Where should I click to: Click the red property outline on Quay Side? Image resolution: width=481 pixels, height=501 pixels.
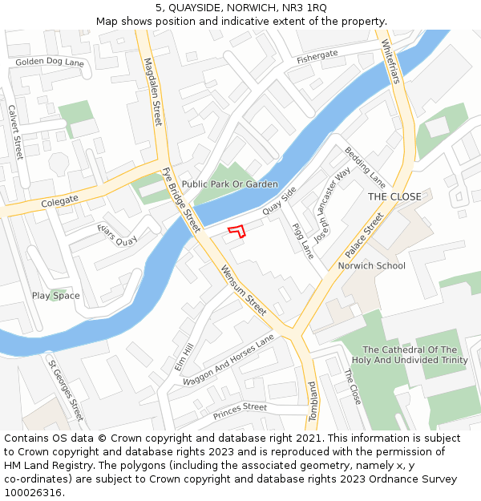point(236,232)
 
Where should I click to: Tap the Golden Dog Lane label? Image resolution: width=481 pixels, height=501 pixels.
point(50,62)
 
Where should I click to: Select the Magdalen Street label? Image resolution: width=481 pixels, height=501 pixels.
point(152,91)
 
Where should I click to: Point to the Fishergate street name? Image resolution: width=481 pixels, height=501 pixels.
point(317,56)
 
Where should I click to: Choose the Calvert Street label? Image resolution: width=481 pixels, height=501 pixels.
point(14,132)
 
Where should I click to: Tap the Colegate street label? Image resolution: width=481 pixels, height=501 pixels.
point(59,199)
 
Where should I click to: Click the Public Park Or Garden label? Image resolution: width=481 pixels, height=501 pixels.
point(229,184)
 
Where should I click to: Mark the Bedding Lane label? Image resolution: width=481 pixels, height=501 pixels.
point(366,164)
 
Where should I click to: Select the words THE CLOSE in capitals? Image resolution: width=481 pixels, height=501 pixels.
point(394,196)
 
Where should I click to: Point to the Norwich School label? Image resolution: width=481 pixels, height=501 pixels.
point(371,265)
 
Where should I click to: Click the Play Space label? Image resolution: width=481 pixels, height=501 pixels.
point(56,296)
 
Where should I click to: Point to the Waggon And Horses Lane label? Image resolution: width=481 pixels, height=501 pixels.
point(228,361)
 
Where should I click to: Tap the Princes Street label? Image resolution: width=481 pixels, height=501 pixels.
point(240,411)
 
